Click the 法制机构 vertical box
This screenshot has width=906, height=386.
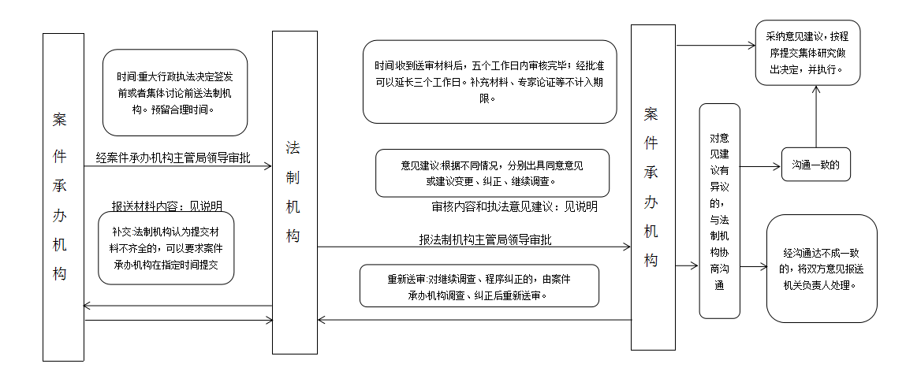point(295,192)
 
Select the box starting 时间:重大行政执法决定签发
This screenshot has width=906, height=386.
point(175,92)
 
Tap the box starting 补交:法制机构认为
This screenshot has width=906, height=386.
point(166,248)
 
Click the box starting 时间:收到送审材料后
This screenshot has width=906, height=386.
point(490,81)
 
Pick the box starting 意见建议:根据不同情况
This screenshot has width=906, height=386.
point(492,173)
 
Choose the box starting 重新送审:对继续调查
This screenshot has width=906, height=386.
point(479,286)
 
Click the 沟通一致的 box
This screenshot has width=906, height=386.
point(816,165)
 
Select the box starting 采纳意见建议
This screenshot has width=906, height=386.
point(807,53)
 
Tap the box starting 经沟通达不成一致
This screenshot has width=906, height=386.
point(822,269)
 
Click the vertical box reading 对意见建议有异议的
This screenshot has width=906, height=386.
point(719,210)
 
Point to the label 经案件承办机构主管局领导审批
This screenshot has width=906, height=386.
point(173,158)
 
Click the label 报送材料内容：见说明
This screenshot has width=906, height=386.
point(167,206)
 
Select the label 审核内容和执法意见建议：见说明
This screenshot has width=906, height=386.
point(515,206)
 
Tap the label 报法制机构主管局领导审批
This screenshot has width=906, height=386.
point(486,239)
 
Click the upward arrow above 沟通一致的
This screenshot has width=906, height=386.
point(816,117)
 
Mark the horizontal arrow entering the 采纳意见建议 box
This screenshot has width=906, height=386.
point(716,45)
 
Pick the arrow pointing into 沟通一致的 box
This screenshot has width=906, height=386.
point(760,167)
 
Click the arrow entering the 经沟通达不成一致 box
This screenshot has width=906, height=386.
point(754,267)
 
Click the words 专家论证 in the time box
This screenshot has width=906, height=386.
point(532,81)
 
